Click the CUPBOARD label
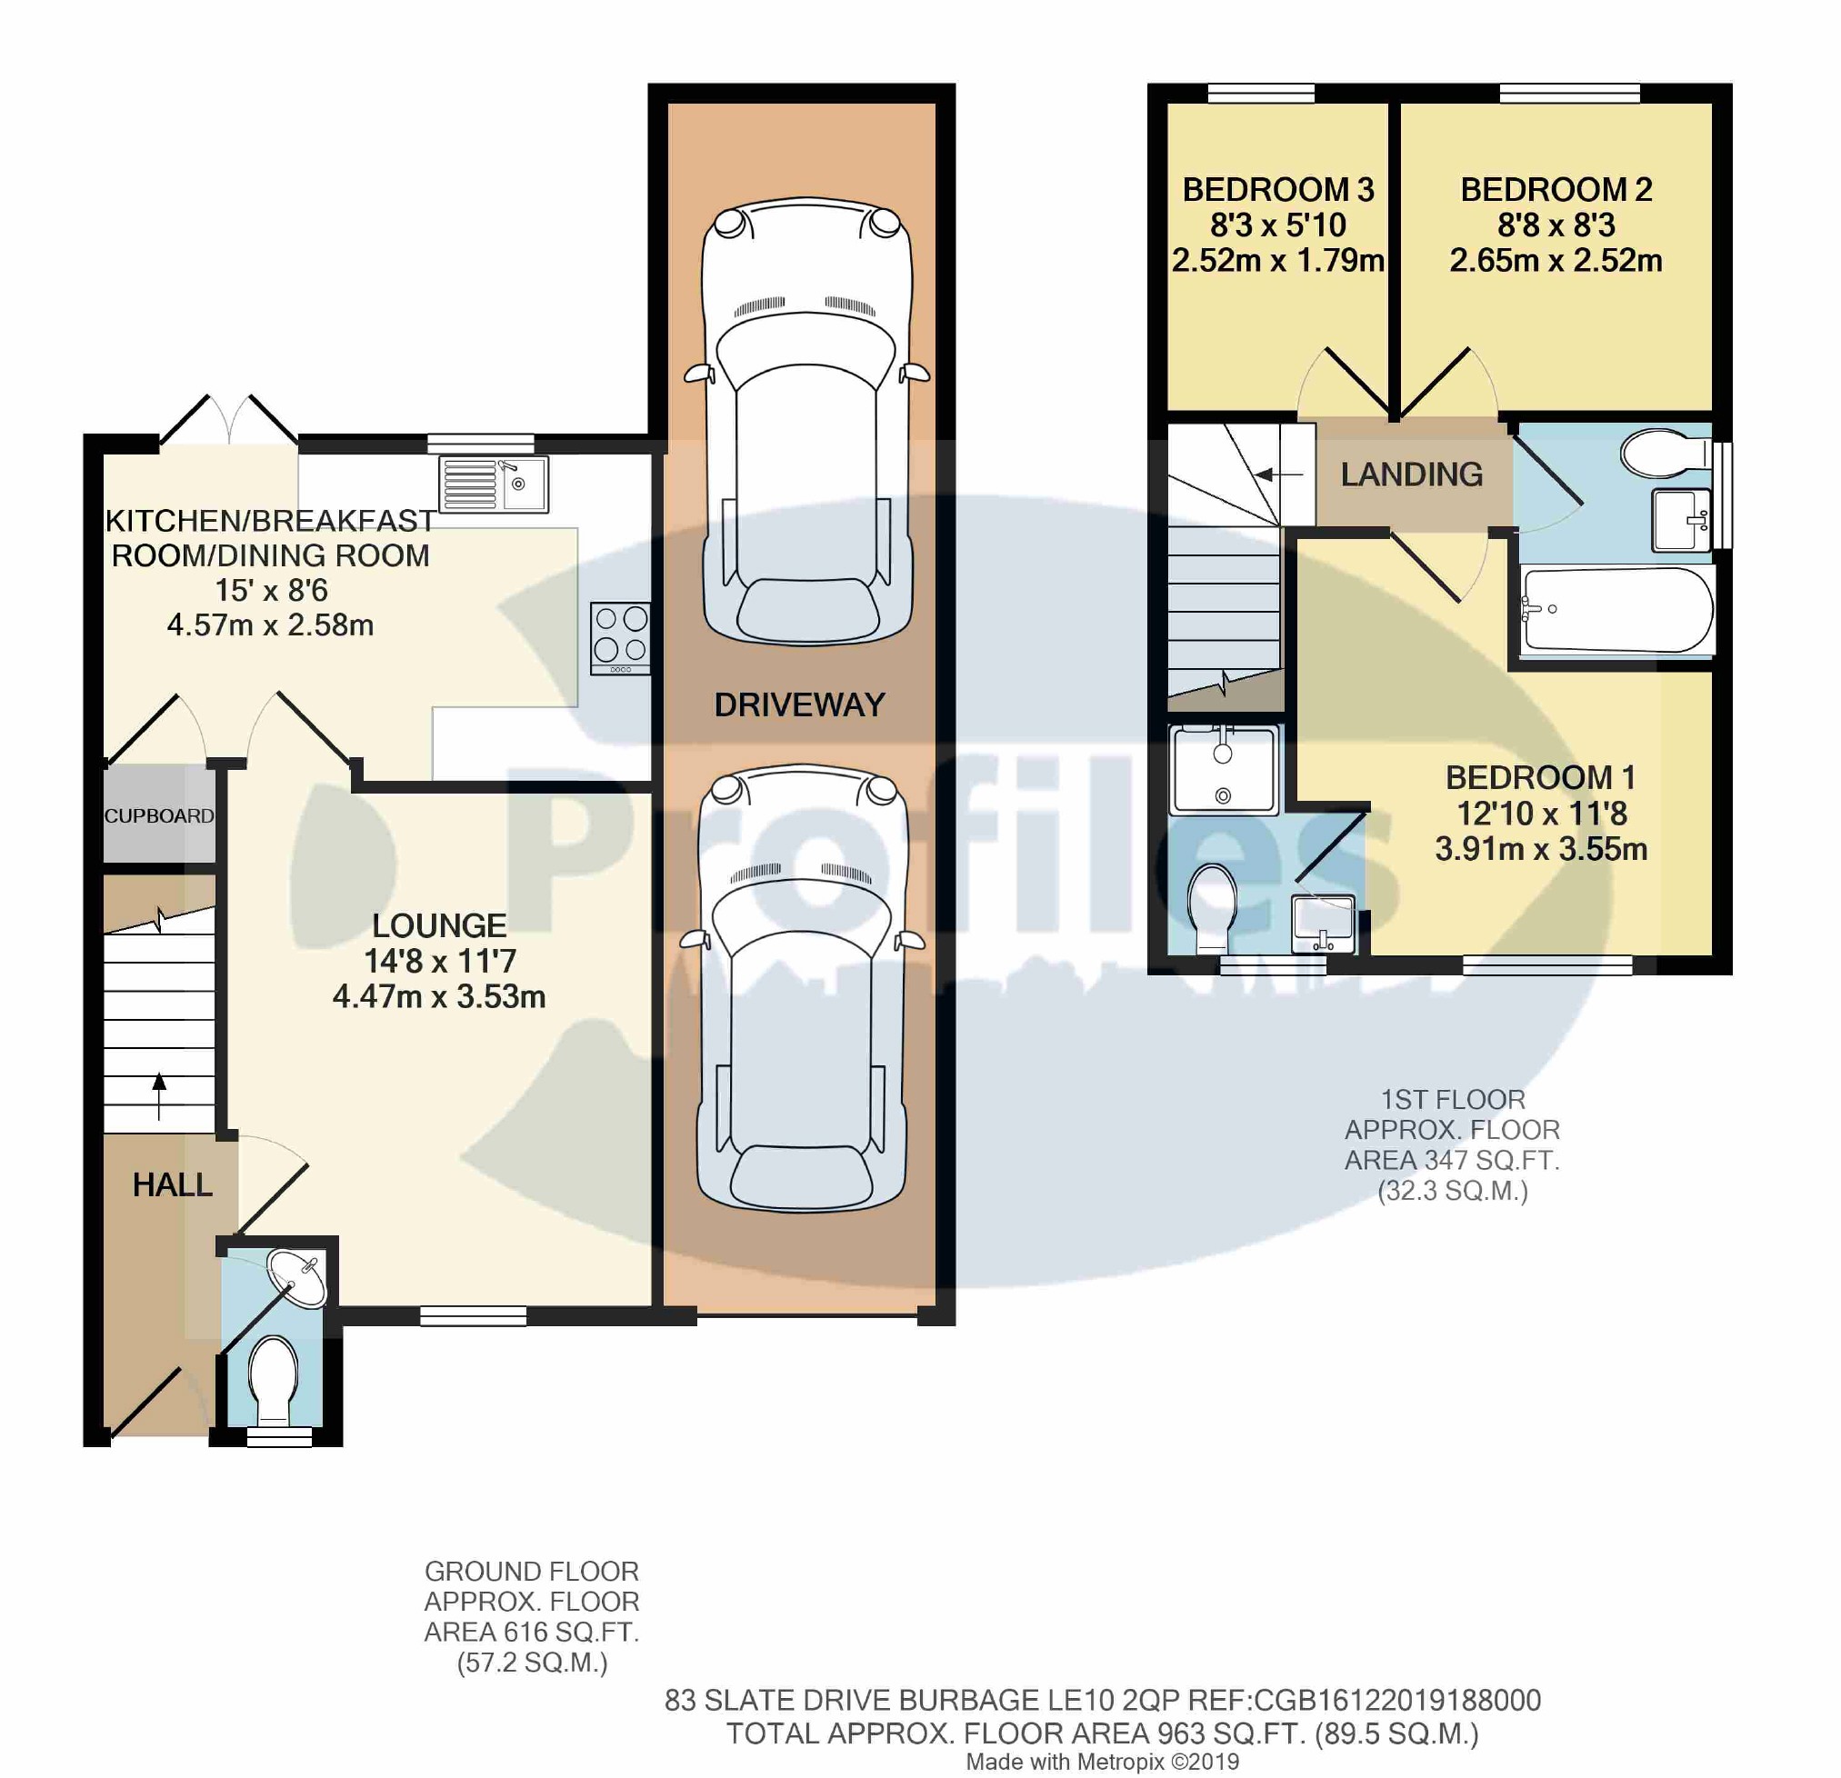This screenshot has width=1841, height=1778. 159,815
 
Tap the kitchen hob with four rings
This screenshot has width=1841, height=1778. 620,637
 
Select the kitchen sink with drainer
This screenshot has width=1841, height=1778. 493,484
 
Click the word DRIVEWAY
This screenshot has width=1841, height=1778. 799,704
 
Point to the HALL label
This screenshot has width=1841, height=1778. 172,1184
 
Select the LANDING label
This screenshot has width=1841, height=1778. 1411,474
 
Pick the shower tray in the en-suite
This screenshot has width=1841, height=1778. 1223,769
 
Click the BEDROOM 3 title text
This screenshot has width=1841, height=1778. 1277,190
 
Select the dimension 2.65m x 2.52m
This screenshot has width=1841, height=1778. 1556,260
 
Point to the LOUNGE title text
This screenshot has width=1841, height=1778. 438,925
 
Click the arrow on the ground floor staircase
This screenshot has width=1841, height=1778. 159,1095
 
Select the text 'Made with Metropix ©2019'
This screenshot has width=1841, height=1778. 1102,1762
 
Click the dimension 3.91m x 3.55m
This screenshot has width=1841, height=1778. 1540,849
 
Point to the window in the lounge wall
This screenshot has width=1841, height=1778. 473,1316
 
